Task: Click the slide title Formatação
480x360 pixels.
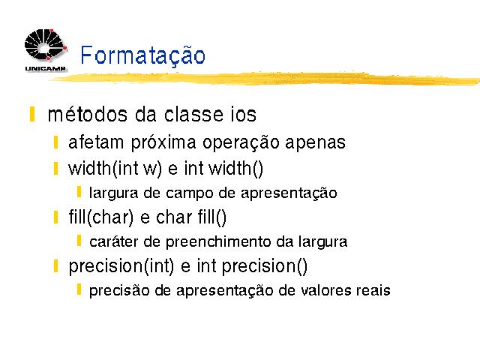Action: [x=142, y=55]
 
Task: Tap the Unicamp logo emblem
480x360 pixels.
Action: [x=45, y=44]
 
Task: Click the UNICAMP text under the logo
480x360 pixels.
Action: [x=45, y=68]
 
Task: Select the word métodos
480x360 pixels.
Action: [x=88, y=115]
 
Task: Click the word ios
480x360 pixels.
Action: [x=244, y=115]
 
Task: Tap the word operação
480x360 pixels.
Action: [x=241, y=143]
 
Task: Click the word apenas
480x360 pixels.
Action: [x=315, y=143]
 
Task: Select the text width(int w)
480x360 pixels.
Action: [x=115, y=169]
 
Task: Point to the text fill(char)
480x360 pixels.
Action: [x=101, y=217]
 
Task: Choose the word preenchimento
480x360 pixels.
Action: [x=218, y=242]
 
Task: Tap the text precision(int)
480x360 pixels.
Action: [x=121, y=266]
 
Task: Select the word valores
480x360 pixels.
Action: [x=325, y=290]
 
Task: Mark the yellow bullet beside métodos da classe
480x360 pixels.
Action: [x=31, y=115]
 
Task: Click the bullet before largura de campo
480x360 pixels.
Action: [x=79, y=192]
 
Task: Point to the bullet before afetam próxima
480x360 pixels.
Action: [x=55, y=142]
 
